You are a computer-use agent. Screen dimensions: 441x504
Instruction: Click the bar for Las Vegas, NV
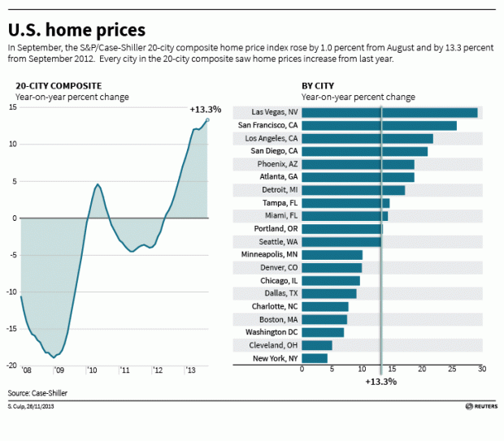coord(389,113)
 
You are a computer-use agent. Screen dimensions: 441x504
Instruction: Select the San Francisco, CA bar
coord(379,126)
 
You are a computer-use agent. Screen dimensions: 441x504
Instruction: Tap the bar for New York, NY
coord(315,358)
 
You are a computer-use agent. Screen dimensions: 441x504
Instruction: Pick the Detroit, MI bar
coord(353,190)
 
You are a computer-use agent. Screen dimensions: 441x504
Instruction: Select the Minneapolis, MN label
coord(269,254)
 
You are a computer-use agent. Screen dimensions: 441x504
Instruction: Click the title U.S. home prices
coord(77,30)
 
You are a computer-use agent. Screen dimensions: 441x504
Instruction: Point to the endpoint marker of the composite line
coord(207,120)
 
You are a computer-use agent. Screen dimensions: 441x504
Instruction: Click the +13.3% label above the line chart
coord(205,109)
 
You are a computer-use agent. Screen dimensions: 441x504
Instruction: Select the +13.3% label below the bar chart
coord(380,382)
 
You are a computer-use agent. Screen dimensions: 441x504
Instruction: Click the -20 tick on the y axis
coord(11,365)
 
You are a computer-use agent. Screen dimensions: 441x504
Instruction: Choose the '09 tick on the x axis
coord(59,371)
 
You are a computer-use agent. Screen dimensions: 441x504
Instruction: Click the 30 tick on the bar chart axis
coord(481,370)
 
